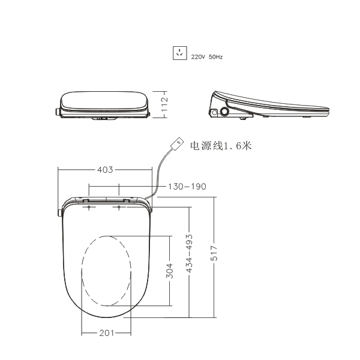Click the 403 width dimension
pos(105,170)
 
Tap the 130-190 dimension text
pos(187,187)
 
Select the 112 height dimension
pos(164,104)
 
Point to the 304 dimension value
pos(169,271)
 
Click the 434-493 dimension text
pos(189,253)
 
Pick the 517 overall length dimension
pos(214,253)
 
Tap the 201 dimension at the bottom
pos(107,333)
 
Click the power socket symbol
pos(180,53)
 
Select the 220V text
pos(198,57)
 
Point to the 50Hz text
pos(215,57)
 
